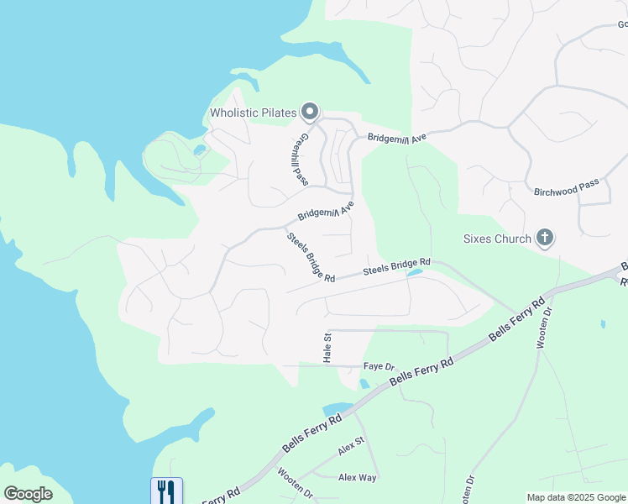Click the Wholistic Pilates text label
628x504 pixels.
click(x=254, y=113)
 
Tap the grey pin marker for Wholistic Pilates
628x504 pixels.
click(x=311, y=111)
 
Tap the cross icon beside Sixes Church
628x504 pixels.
click(x=545, y=238)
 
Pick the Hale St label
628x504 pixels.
click(x=327, y=347)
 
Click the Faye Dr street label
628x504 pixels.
click(x=379, y=366)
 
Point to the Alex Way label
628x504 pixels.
click(x=357, y=477)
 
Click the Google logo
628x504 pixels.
click(x=28, y=494)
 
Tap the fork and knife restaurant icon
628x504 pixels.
click(x=166, y=491)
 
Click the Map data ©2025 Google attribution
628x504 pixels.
click(x=576, y=497)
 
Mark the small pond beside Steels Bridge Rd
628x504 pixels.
click(x=414, y=272)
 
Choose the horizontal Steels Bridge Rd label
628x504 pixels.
click(x=396, y=267)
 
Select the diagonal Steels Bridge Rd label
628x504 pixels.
click(x=311, y=257)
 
